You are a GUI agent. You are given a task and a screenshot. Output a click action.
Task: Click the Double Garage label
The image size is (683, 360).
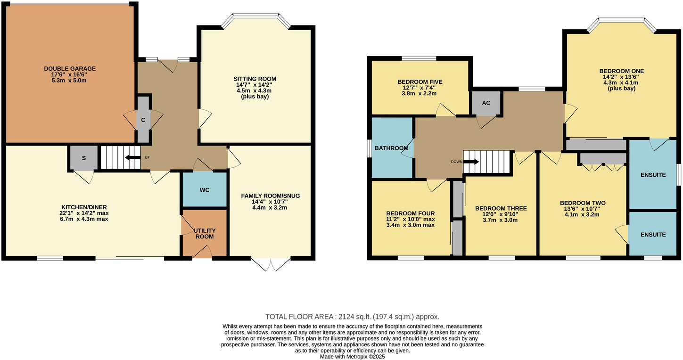[69, 68]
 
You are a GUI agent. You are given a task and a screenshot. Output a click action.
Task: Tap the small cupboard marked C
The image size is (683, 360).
[143, 120]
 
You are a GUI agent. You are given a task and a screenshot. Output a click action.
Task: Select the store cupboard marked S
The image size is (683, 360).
[83, 158]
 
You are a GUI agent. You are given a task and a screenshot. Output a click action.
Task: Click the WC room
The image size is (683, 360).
[205, 190]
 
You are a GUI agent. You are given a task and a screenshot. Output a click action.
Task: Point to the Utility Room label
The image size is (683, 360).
[205, 233]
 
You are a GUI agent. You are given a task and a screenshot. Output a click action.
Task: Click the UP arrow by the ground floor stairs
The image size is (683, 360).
[133, 157]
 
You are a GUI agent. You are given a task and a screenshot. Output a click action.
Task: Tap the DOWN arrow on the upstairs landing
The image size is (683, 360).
[471, 162]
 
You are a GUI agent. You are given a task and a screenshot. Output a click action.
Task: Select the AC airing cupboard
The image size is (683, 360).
[486, 103]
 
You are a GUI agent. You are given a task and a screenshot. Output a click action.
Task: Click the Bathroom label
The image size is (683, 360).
[391, 148]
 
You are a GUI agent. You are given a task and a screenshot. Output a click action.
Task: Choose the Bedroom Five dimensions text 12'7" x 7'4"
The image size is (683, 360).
[420, 88]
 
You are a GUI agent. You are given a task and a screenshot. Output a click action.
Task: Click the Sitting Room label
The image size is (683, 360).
[255, 79]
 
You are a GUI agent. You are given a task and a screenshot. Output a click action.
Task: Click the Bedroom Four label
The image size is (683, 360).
[410, 213]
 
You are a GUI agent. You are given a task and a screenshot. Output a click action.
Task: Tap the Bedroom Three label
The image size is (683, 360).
[501, 208]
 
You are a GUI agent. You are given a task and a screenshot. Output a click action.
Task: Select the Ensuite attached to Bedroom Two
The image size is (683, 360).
[653, 234]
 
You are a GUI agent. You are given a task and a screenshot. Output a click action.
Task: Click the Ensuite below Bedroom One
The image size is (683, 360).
[653, 175]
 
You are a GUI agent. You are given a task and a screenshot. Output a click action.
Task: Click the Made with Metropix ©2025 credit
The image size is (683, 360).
[353, 357]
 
